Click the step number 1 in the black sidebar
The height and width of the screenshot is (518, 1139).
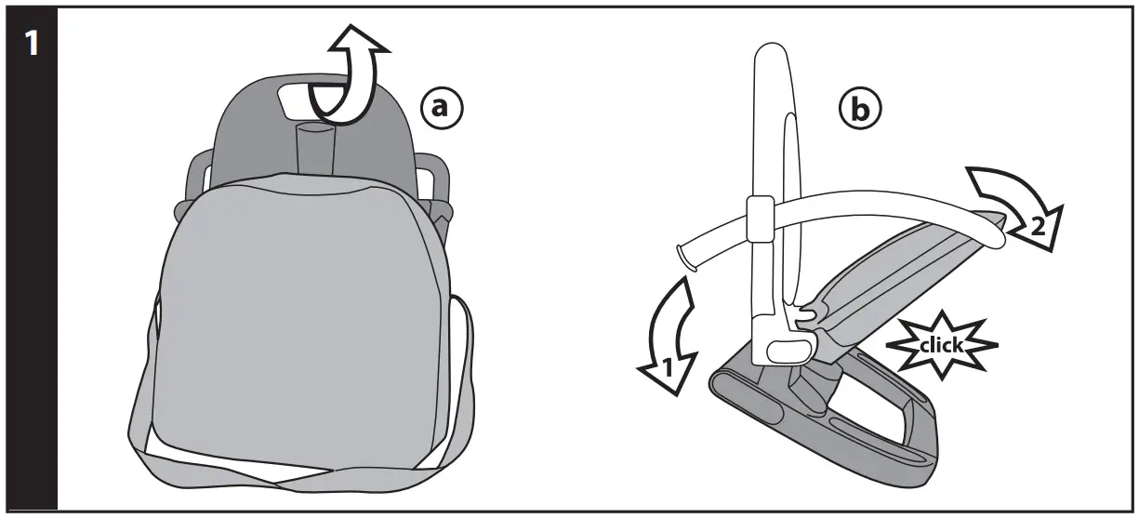coord(31,45)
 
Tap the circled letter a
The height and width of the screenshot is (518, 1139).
coord(440,109)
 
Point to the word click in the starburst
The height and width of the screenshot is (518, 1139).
coord(940,345)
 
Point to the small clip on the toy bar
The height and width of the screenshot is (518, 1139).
coord(759,217)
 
